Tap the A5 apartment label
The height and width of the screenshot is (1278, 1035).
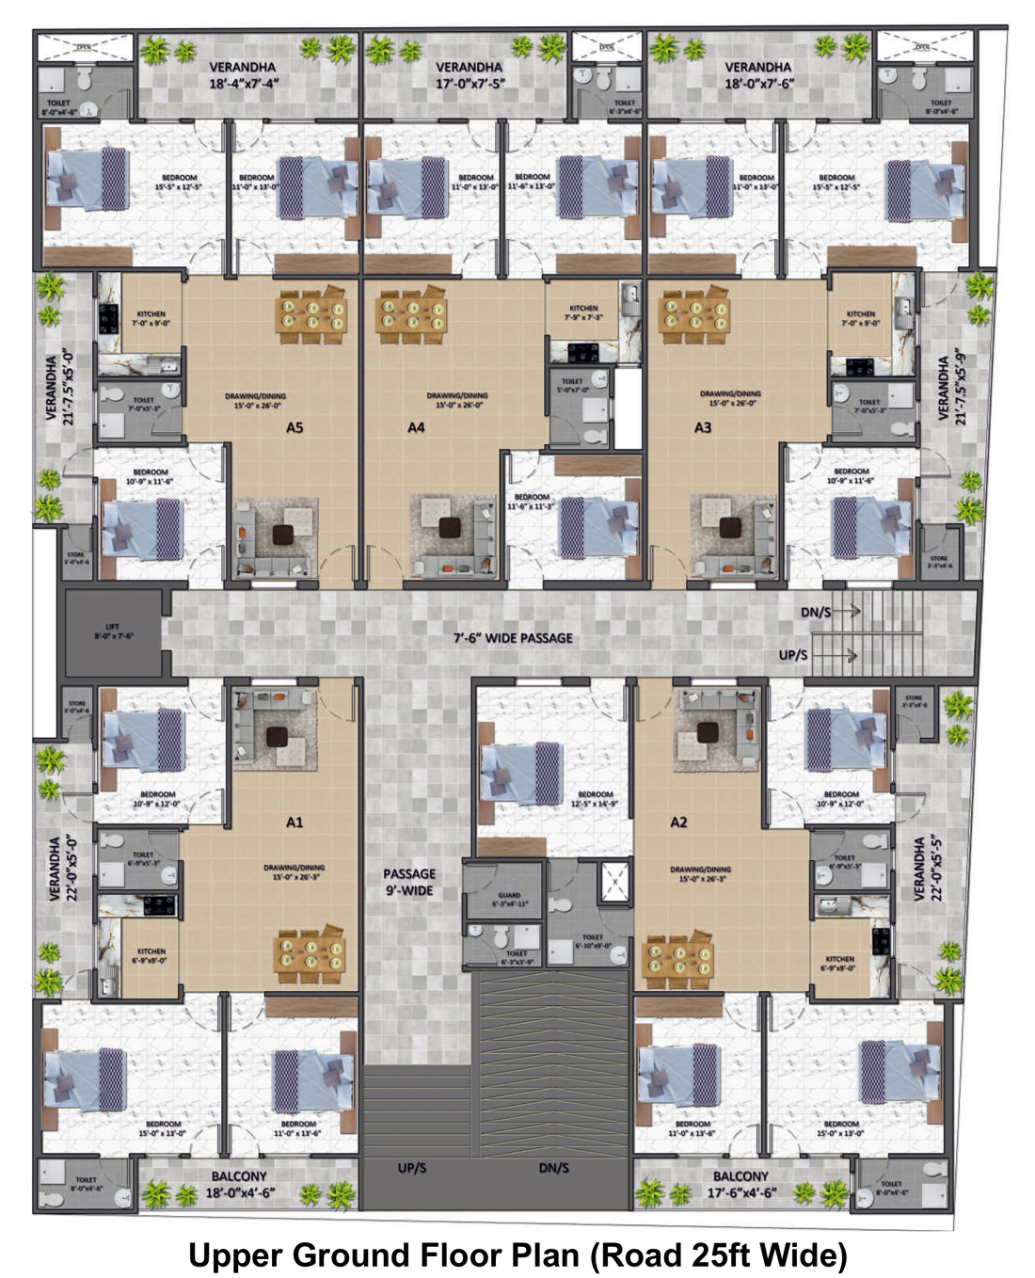point(295,427)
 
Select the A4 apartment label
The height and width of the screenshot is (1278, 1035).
point(416,427)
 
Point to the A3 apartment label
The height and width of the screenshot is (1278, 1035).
point(703,427)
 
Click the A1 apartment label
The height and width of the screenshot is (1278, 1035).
point(295,823)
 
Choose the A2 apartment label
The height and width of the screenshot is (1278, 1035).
point(678,823)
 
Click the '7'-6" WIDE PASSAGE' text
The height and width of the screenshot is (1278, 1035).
point(513,638)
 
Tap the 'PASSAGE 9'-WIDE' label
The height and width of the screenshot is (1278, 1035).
point(409,882)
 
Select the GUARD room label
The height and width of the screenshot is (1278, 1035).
point(510,900)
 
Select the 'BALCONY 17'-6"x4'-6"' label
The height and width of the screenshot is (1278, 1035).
point(740,1184)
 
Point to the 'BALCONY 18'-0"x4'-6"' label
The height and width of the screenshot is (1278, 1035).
point(239,1184)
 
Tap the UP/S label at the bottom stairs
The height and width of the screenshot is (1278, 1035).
point(412,1168)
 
